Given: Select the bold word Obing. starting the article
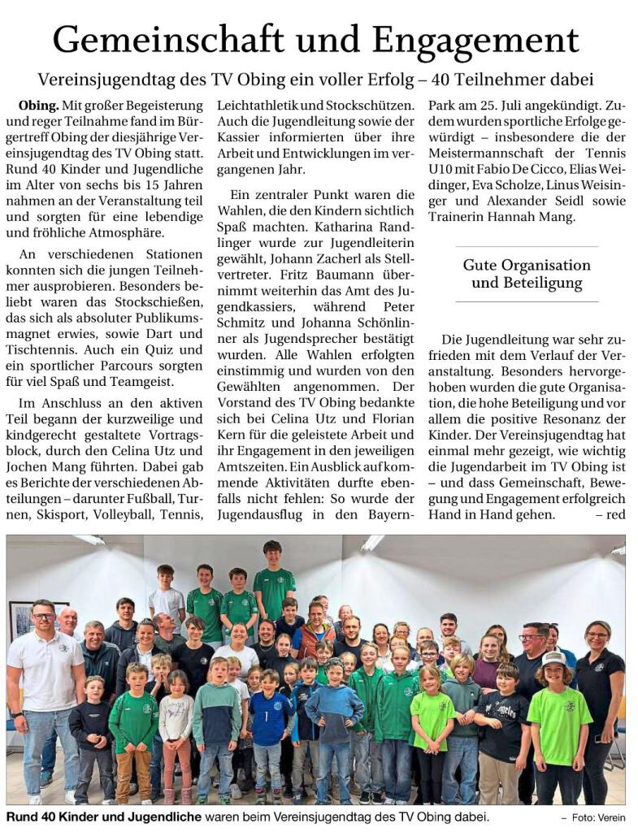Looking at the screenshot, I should coord(37,105).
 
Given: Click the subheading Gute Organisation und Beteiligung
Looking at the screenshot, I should coord(527,275).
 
